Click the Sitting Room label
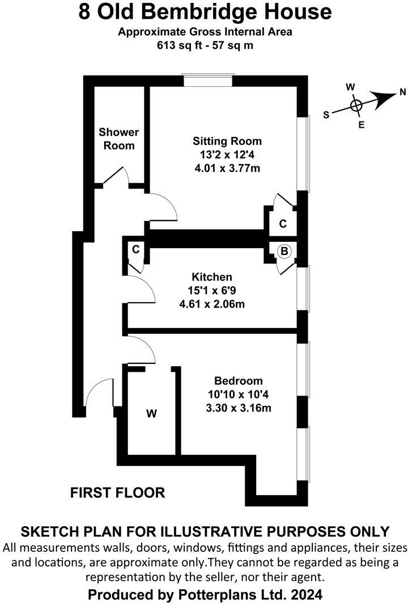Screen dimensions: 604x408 tap(227, 141)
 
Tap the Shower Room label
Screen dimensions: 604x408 tap(118, 139)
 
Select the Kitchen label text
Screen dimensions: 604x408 tap(212, 277)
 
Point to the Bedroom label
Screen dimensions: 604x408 tap(239, 381)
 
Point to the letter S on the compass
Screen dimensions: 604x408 tap(326, 114)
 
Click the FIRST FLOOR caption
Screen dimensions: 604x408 tap(117, 492)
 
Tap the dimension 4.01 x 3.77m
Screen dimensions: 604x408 tap(227, 168)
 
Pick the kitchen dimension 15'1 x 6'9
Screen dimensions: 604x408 tap(212, 291)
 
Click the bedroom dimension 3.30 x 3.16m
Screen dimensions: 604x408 tap(239, 408)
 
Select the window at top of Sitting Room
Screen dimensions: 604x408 tap(208, 81)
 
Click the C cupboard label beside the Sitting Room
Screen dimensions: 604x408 tap(283, 224)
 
